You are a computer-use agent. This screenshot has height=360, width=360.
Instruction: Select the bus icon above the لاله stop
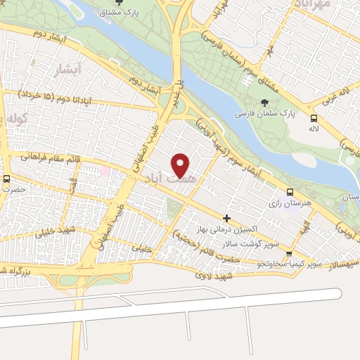(x=313, y=118)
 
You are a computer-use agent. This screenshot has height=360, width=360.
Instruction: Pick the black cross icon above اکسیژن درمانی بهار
(x=226, y=219)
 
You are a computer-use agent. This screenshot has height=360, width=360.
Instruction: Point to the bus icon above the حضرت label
(x=6, y=178)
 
